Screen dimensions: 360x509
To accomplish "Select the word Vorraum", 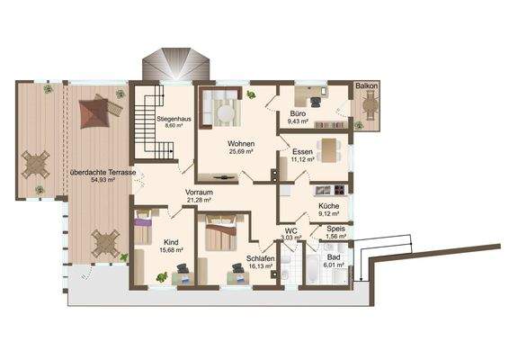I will [x=199, y=193].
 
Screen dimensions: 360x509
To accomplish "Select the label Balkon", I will [x=365, y=85].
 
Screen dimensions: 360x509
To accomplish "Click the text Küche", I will [x=329, y=205].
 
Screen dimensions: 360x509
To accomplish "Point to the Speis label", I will [x=335, y=229].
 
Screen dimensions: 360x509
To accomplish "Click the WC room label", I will [x=290, y=230].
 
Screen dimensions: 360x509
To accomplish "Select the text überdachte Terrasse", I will [x=103, y=171].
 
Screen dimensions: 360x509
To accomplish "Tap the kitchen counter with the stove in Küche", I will [x=327, y=190].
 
